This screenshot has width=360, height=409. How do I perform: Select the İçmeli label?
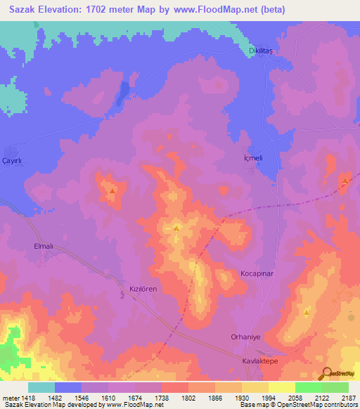click(248, 158)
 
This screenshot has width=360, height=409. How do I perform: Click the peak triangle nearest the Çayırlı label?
click(112, 189)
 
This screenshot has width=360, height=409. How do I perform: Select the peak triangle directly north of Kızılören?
click(176, 228)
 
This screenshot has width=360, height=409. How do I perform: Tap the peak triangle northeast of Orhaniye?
click(307, 311)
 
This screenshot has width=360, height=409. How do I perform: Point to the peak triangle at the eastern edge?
click(345, 181)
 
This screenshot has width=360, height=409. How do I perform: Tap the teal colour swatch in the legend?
click(41, 387)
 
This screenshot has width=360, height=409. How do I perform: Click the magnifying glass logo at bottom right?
click(325, 373)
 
